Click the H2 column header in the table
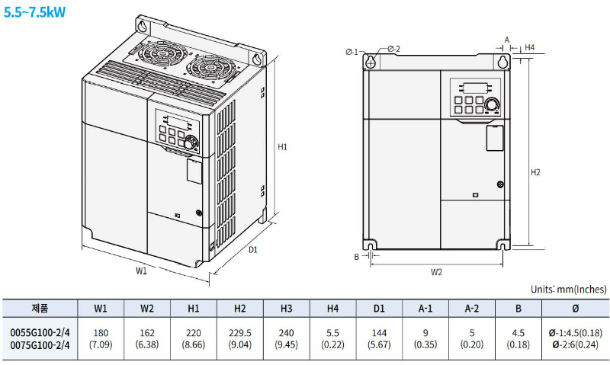coord(239,309)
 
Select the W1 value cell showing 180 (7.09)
coord(100,338)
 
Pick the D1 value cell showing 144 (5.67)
coord(378,338)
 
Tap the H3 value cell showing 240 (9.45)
coord(286,338)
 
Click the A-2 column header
coord(471,309)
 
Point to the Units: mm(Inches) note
coord(568,290)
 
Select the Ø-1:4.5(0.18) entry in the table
coord(575,333)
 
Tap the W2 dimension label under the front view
coord(436,271)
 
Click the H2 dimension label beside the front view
coord(535,172)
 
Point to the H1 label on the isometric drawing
coord(282,146)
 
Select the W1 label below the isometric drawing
coord(142,270)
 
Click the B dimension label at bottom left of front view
coord(356,257)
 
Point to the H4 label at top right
coord(529,48)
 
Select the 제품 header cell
coord(40,309)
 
